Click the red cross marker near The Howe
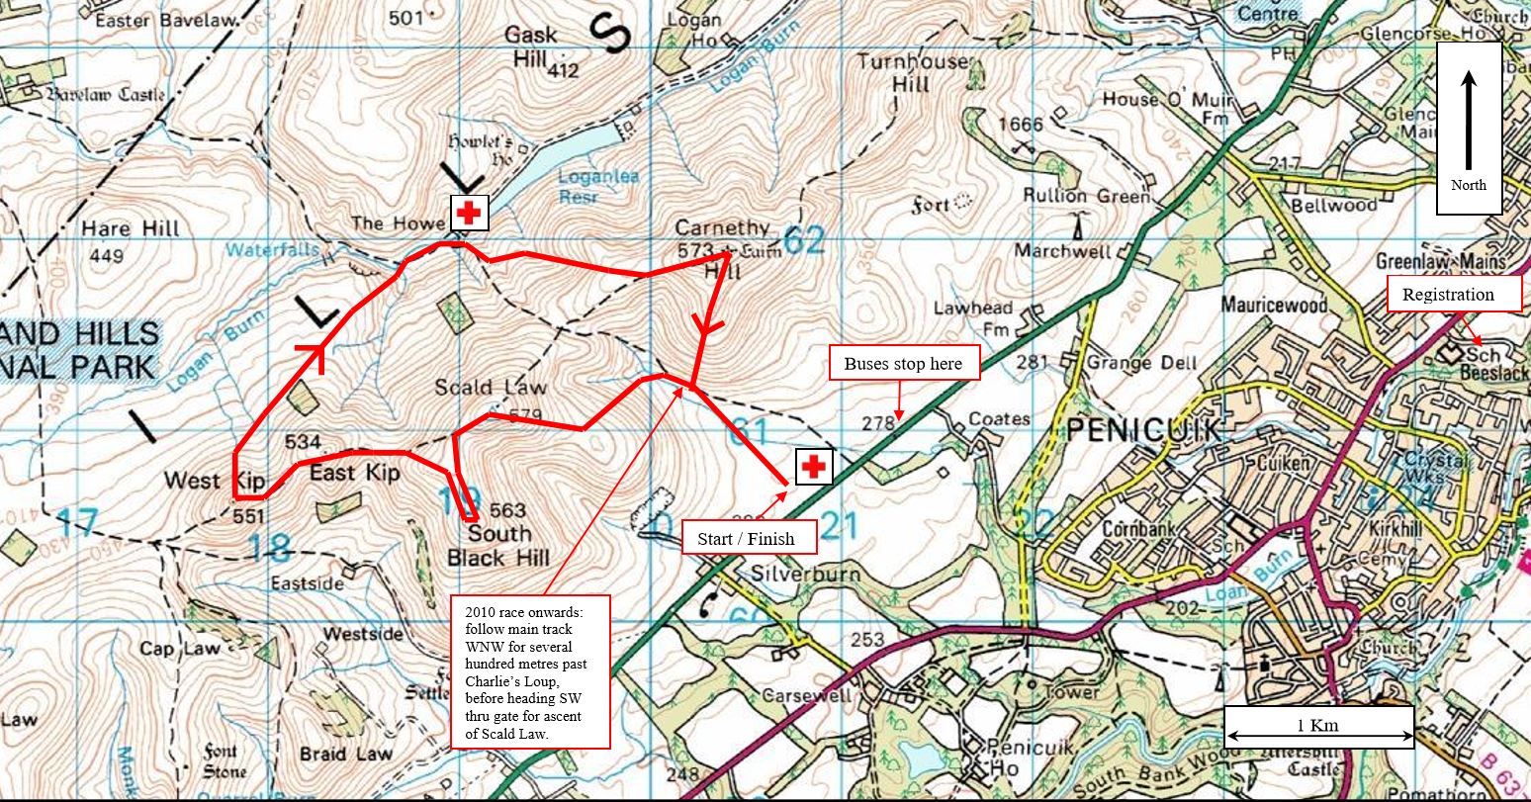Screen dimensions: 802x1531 pyautogui.click(x=468, y=213)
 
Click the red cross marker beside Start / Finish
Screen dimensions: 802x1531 pyautogui.click(x=814, y=467)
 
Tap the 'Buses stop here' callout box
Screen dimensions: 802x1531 pyautogui.click(x=904, y=363)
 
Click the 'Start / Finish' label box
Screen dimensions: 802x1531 pyautogui.click(x=751, y=538)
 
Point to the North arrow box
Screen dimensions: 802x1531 pyautogui.click(x=1469, y=129)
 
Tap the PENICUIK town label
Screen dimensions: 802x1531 pyautogui.click(x=1144, y=430)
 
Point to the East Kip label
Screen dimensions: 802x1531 pyautogui.click(x=354, y=474)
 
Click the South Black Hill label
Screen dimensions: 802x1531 pyautogui.click(x=497, y=546)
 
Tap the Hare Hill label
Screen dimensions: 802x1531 pyautogui.click(x=131, y=228)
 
